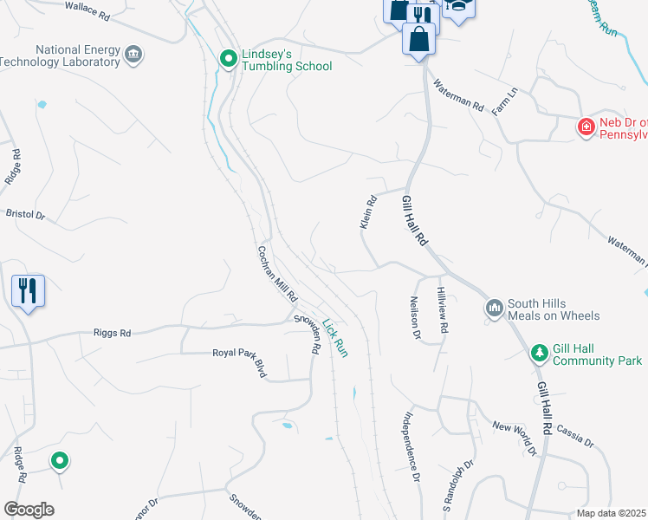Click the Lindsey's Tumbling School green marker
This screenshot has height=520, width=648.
click(229, 59)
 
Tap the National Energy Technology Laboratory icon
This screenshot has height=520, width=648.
click(134, 55)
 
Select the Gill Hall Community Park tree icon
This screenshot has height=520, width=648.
click(540, 353)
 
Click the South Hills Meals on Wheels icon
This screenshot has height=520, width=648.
click(495, 309)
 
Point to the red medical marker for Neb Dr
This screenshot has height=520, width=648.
click(586, 127)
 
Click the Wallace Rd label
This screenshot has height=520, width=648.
click(87, 11)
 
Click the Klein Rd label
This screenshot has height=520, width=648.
click(369, 212)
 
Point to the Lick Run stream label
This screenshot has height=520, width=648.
click(334, 338)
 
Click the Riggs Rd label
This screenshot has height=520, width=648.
click(112, 332)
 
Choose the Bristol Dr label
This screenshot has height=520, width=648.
click(25, 212)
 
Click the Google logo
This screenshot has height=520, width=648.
click(29, 509)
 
